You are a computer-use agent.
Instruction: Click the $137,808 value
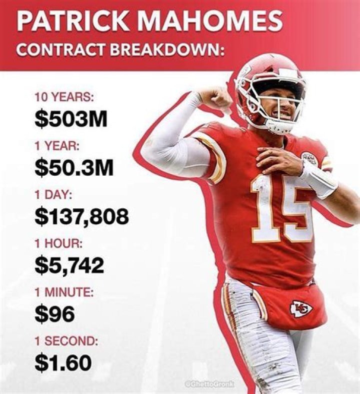pyautogui.click(x=82, y=216)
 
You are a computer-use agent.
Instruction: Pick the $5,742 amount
pyautogui.click(x=69, y=265)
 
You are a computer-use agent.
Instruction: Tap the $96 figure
pyautogui.click(x=54, y=314)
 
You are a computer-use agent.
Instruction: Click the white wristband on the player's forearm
pyautogui.click(x=317, y=178)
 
